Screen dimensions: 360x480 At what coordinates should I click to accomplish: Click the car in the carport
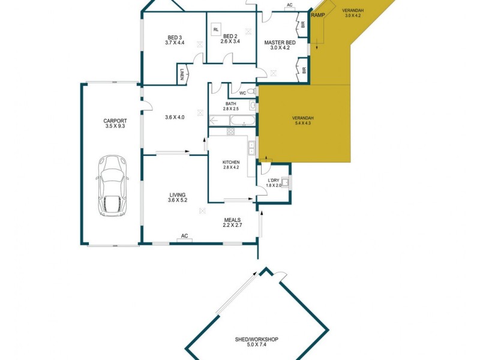(x=112, y=186)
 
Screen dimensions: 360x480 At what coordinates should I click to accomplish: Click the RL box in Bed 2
(x=215, y=28)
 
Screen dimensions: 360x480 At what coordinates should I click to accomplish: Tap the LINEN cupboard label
(x=182, y=74)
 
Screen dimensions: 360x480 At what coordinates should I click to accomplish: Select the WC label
(x=242, y=93)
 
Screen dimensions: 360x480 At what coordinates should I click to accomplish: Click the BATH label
(x=231, y=103)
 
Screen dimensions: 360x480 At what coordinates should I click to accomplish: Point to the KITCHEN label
(x=231, y=162)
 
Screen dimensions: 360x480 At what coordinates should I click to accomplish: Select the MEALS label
(x=233, y=220)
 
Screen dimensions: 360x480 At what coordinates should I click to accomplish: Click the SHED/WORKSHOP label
(x=256, y=340)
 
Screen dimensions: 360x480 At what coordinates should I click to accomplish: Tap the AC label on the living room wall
(x=185, y=236)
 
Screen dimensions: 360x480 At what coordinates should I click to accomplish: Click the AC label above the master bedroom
(x=289, y=4)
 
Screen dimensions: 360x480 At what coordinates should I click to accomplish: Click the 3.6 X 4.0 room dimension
(x=174, y=117)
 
